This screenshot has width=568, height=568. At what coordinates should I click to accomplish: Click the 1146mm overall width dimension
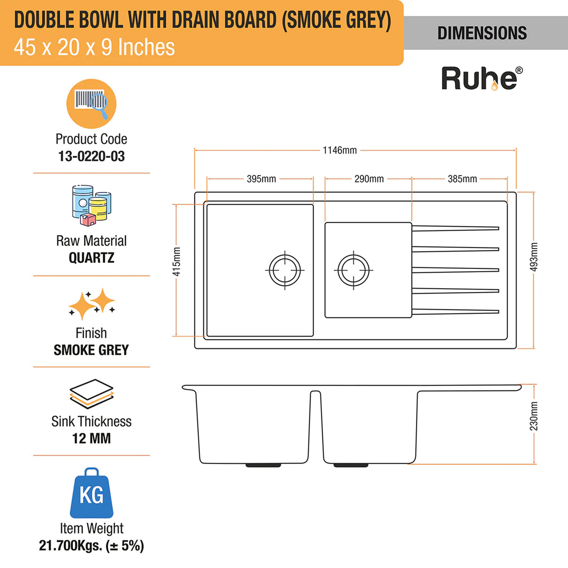point(340,150)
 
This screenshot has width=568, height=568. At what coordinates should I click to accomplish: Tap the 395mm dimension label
point(261,179)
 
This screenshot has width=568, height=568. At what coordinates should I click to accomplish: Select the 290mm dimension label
point(369,179)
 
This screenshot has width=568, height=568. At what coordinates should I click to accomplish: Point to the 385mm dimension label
point(462,179)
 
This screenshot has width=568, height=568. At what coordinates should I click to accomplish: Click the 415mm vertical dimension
point(176,262)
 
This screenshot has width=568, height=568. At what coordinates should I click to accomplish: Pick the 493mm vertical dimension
point(534,257)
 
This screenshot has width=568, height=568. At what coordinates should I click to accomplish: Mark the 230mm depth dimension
point(534,416)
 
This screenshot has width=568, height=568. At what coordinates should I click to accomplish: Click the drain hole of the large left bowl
point(285,270)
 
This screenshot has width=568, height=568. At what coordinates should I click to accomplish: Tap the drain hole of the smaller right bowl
point(353,270)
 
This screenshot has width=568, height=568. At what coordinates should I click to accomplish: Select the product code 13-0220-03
point(91,156)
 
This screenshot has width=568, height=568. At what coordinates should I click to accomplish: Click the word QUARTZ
point(91,258)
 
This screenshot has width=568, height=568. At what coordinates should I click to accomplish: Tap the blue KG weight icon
point(91,493)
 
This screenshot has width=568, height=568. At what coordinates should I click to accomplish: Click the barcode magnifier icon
point(91,104)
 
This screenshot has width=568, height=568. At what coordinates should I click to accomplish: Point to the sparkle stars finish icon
point(92,304)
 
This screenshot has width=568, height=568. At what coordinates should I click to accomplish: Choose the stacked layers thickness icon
point(91,394)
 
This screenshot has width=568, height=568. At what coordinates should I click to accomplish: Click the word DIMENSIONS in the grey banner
point(482,33)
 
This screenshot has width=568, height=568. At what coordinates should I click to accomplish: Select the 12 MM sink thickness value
point(91,438)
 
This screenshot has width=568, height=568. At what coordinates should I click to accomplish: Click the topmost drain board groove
point(455,228)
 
